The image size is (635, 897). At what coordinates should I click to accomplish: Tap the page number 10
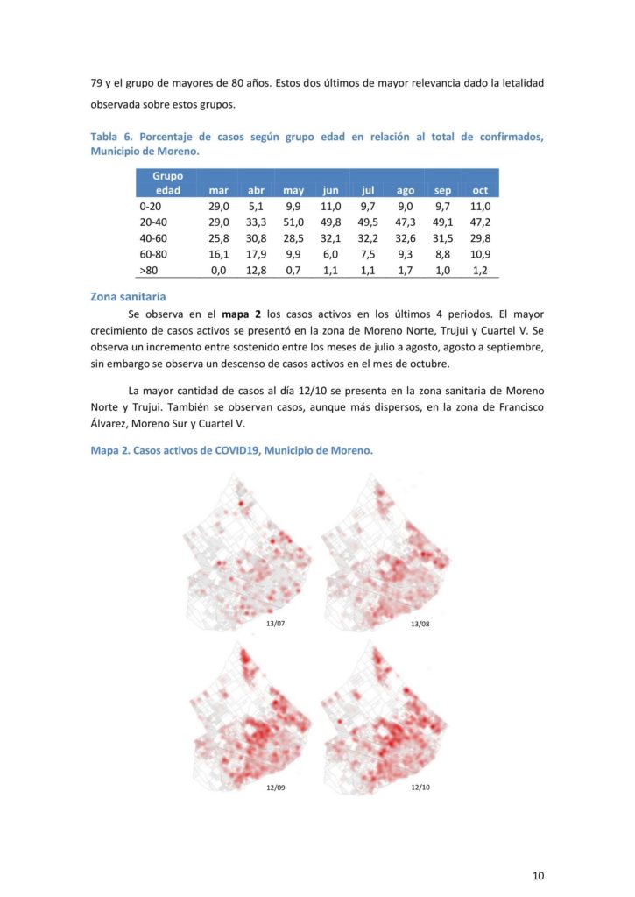(539, 875)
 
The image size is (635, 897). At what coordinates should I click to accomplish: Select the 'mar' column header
(218, 190)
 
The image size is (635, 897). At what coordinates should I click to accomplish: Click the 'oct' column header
(480, 190)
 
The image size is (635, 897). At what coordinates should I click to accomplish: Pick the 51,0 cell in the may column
(293, 222)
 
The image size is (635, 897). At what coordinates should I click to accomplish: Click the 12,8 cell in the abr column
(256, 271)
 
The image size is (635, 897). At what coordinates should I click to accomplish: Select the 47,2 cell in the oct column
(480, 222)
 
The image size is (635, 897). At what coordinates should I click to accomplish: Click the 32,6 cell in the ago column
(406, 238)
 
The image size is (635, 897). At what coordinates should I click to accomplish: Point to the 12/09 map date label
(276, 788)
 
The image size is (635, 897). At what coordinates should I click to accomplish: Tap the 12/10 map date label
(420, 788)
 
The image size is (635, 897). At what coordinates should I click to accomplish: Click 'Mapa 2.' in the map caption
(110, 451)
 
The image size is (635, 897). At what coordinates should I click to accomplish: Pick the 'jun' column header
(330, 190)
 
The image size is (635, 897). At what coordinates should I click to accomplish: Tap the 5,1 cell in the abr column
(256, 207)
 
